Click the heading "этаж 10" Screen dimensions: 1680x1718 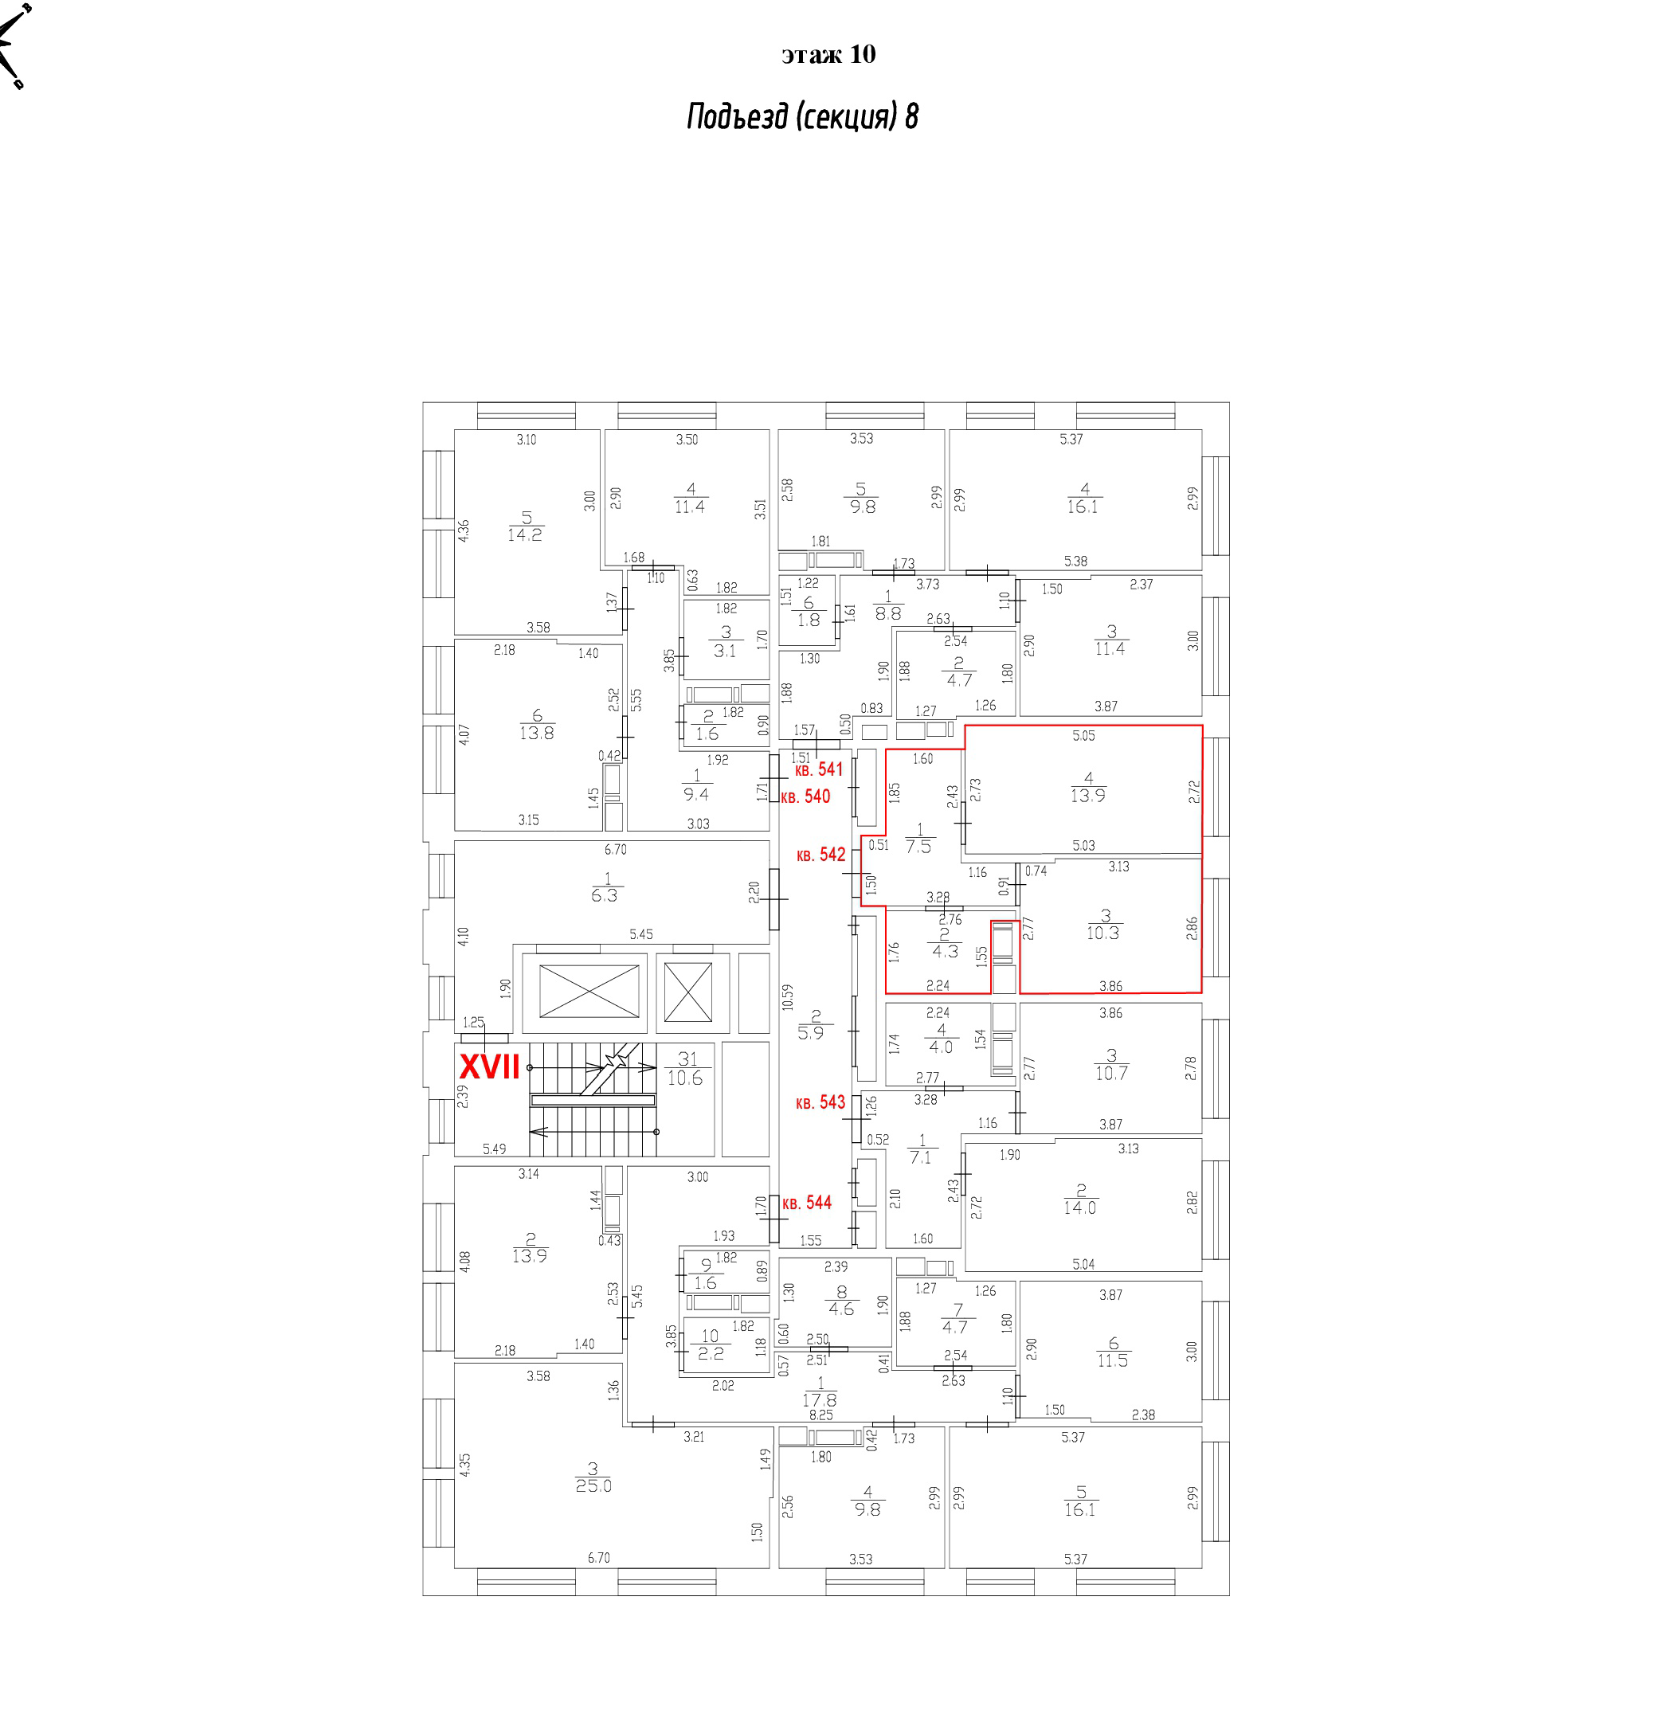tap(828, 55)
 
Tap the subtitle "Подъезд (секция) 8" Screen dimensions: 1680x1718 tap(802, 116)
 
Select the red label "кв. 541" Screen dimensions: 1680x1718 tap(819, 769)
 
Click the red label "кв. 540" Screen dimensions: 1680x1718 tap(805, 796)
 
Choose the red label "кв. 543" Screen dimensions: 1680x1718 tap(820, 1102)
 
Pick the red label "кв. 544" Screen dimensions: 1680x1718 tap(806, 1203)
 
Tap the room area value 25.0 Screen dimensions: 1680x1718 tap(593, 1486)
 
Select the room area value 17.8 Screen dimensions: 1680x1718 tap(820, 1400)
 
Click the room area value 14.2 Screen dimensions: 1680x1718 tap(525, 534)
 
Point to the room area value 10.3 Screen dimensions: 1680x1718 tap(1103, 933)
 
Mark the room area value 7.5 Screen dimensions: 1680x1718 tap(918, 846)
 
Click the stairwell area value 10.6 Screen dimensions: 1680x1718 tap(685, 1078)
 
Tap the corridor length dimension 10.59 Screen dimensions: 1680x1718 tap(787, 997)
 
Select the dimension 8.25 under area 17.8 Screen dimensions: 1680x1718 tap(820, 1415)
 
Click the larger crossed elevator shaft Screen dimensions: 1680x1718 tap(589, 991)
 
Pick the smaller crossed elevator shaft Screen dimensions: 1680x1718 tap(687, 992)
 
